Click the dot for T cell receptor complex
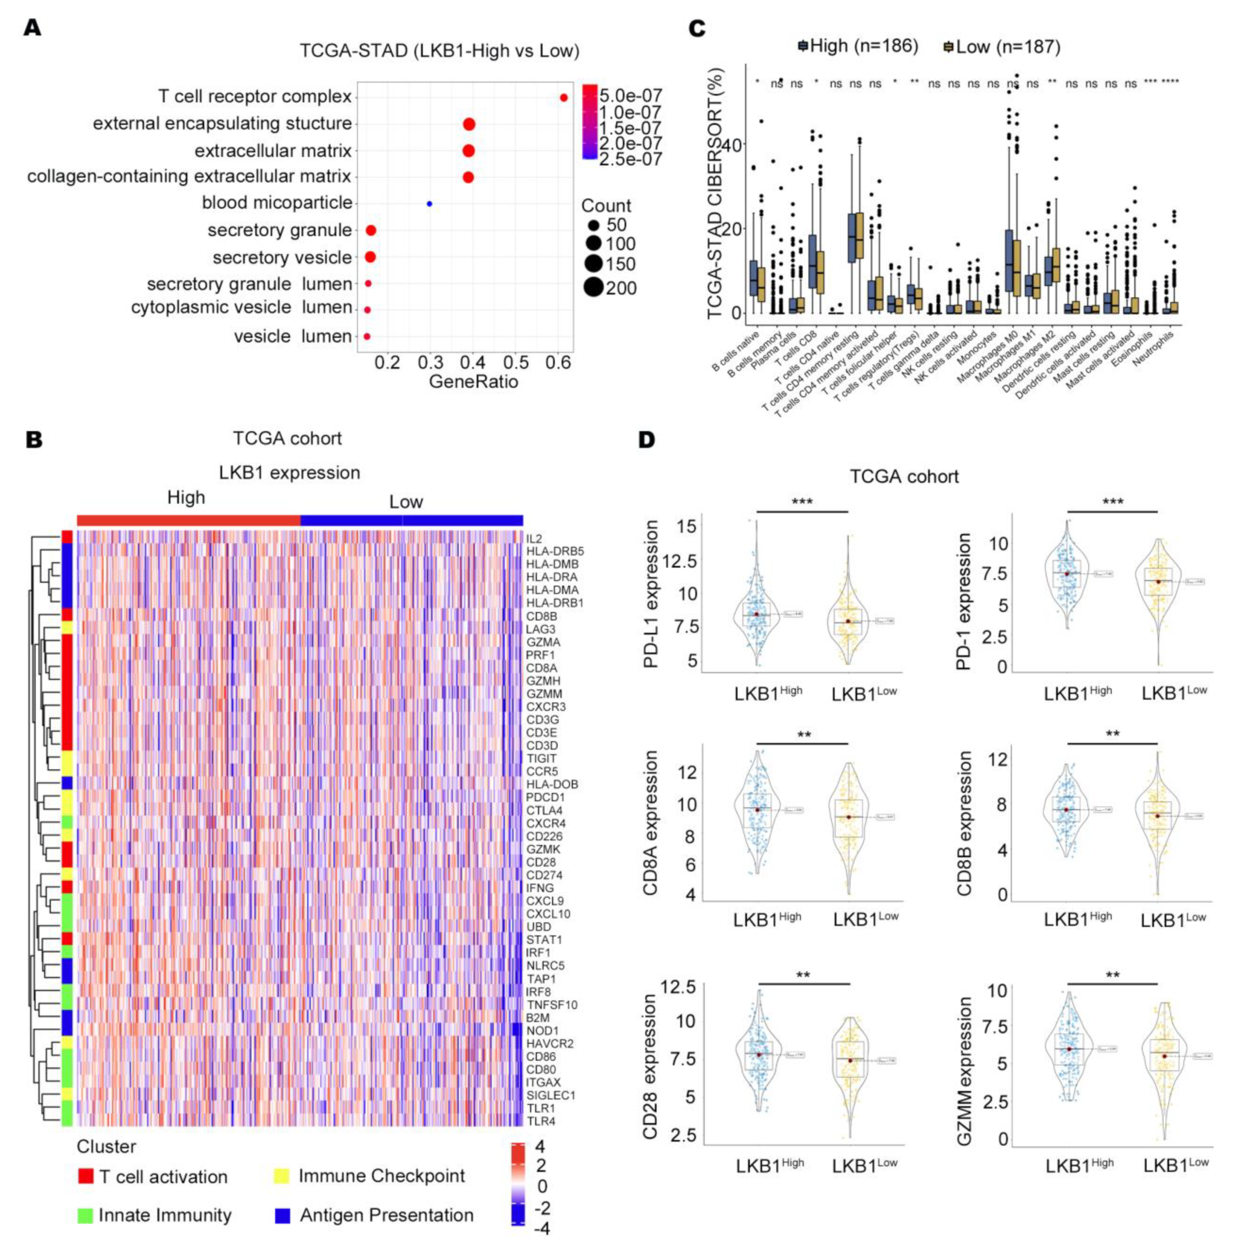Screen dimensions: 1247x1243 click(563, 97)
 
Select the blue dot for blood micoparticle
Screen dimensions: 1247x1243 click(429, 204)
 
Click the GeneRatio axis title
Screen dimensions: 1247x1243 click(473, 382)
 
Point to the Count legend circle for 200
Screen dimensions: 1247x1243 click(593, 287)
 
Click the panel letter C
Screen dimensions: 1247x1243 click(697, 29)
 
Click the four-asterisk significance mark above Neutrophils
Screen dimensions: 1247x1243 click(1170, 82)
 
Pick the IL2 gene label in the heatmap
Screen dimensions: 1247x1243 click(533, 538)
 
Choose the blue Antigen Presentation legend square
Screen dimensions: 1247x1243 click(282, 1215)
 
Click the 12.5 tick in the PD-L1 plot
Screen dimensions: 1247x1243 click(678, 561)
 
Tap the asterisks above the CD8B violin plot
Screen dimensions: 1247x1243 click(1112, 734)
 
